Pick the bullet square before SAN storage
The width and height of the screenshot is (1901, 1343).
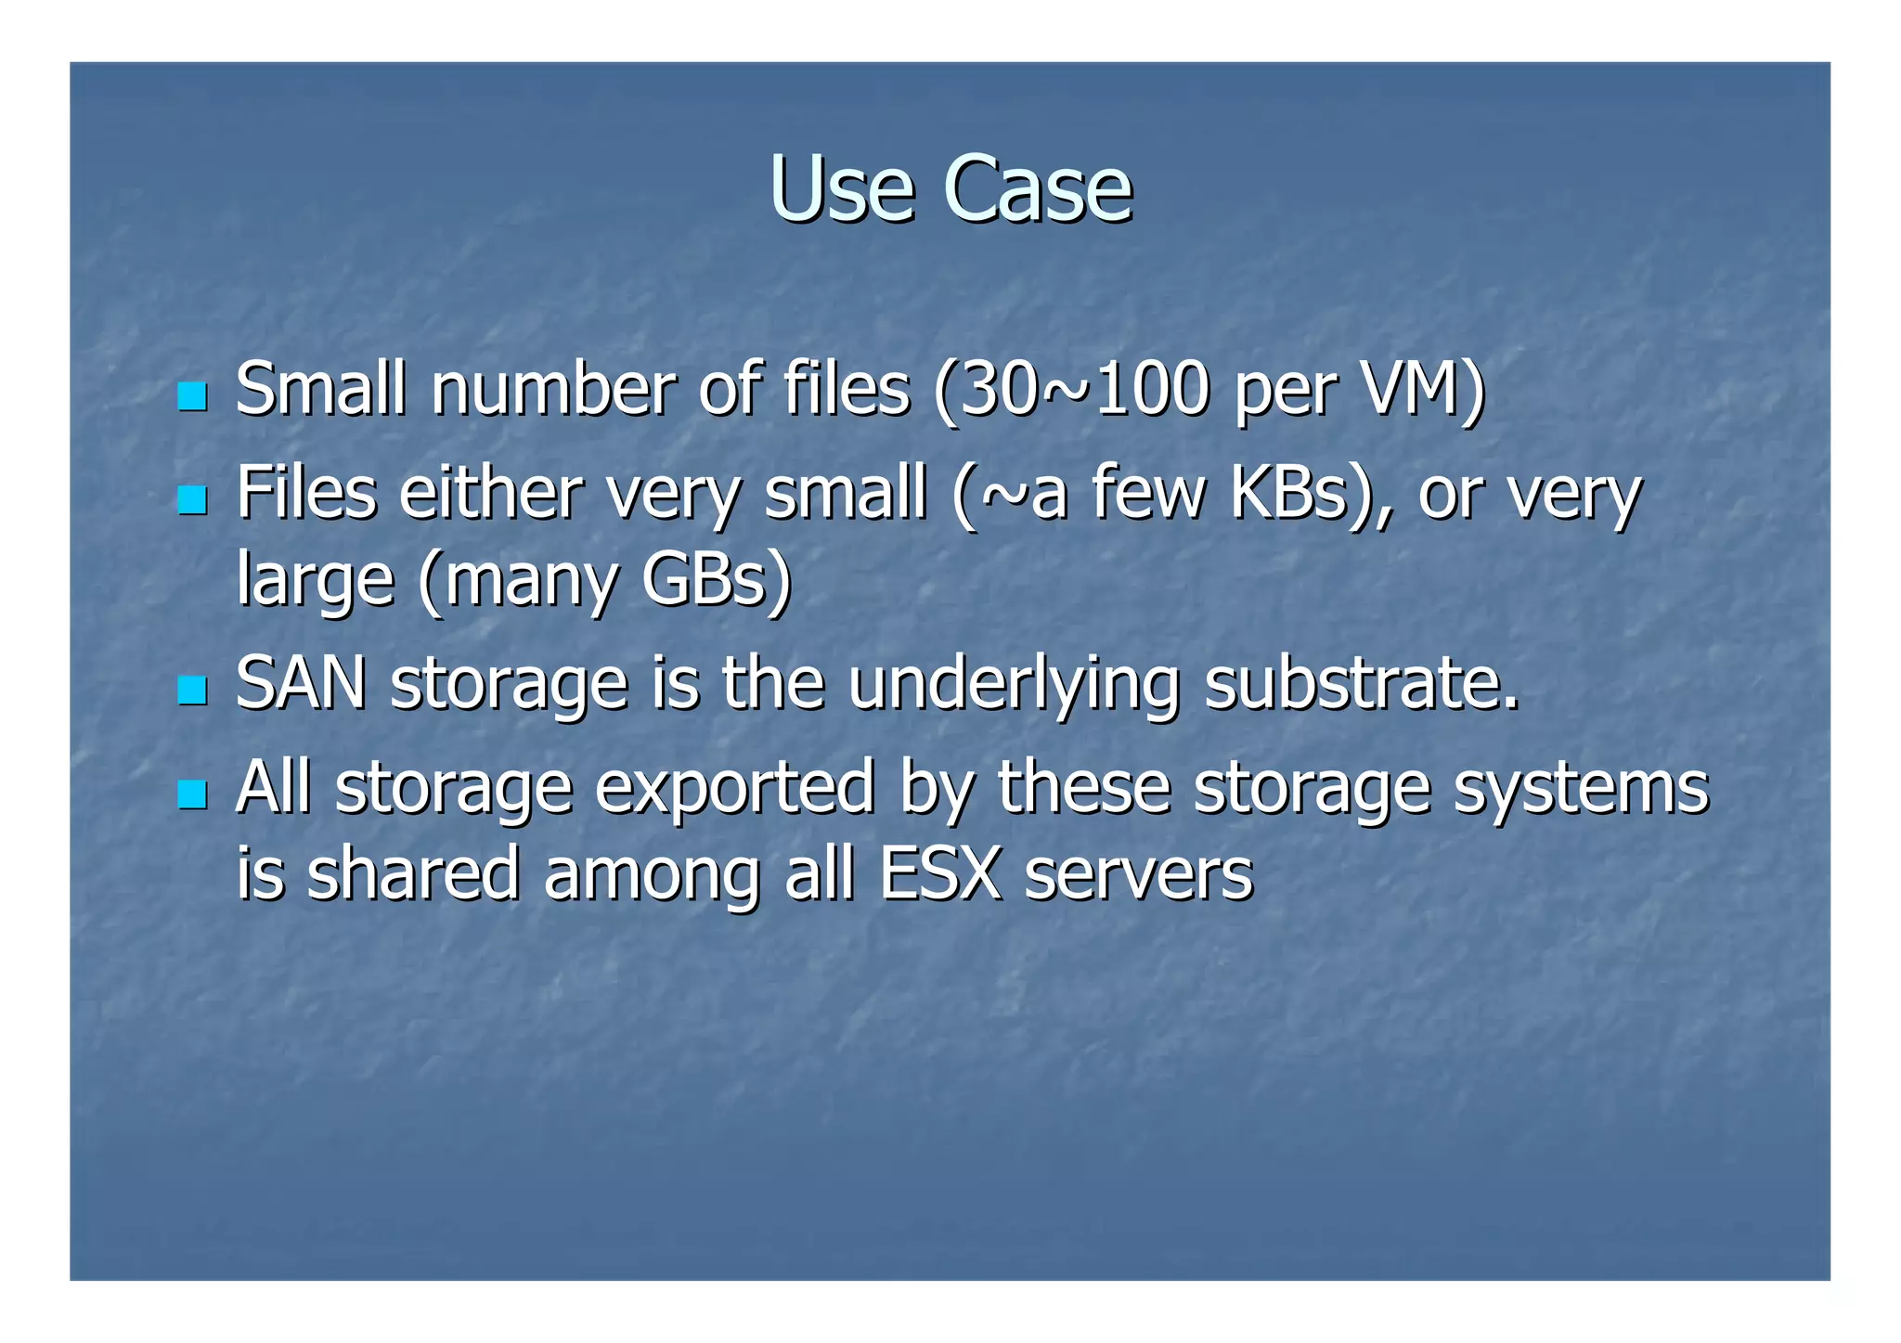tap(192, 690)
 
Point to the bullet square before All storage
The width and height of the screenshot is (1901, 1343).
tap(192, 794)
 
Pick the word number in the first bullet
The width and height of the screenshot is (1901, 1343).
tap(553, 390)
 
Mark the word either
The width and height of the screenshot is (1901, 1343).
tap(491, 493)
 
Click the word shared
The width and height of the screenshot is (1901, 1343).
tap(413, 874)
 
